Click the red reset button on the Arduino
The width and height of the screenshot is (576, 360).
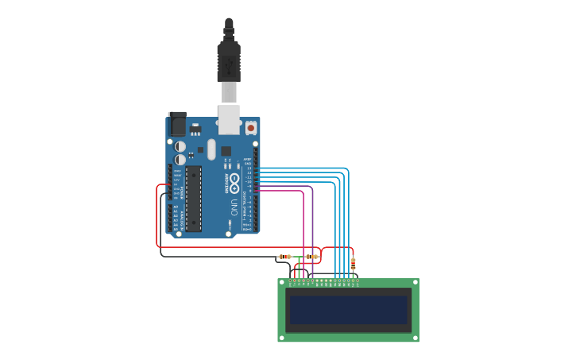coord(251,127)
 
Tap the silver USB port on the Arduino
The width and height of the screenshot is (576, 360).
coord(230,119)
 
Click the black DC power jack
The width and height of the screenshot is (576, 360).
coord(177,124)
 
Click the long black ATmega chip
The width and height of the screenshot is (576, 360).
coord(194,198)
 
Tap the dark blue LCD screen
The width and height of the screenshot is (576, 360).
coord(348,310)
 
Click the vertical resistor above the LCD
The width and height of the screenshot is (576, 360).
coord(353,263)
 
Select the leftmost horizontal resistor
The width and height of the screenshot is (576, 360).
coord(284,257)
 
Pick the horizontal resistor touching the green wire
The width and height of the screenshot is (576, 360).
coord(311,257)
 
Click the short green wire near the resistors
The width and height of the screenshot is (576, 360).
coord(299,269)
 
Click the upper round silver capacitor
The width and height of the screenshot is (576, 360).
coord(180,147)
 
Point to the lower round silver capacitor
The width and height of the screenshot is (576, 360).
coord(180,160)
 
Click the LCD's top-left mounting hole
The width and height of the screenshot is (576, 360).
coord(281,282)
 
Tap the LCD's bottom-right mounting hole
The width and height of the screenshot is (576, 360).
coord(415,338)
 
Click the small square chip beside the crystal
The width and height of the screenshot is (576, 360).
coord(226,150)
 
